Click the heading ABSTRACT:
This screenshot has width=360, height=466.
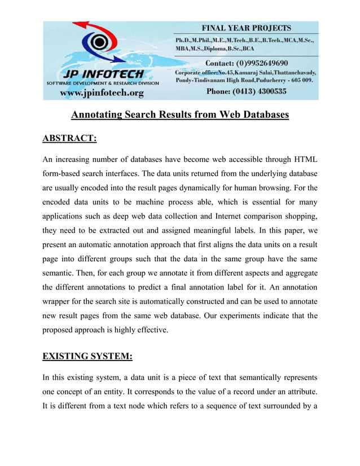click(69, 138)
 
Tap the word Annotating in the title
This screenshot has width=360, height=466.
click(99, 115)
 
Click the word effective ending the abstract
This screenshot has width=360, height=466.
click(151, 330)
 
